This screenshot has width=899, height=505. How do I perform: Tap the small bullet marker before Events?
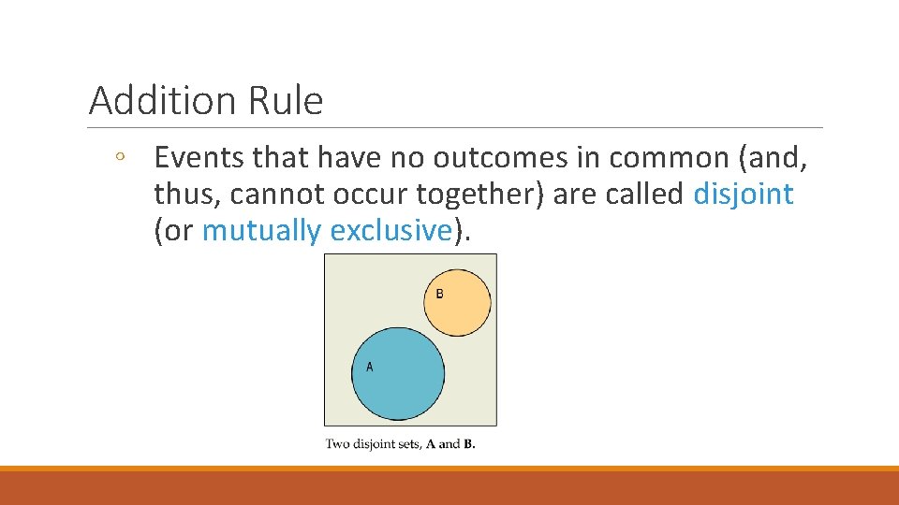tap(120, 158)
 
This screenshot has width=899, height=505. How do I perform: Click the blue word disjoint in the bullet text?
tap(744, 195)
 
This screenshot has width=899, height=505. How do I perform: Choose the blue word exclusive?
tap(391, 230)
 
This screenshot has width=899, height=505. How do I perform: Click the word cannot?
tap(275, 195)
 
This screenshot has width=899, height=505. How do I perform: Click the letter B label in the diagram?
tap(439, 294)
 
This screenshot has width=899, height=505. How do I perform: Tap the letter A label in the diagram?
tap(369, 367)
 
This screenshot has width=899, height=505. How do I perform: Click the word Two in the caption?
tap(338, 443)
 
